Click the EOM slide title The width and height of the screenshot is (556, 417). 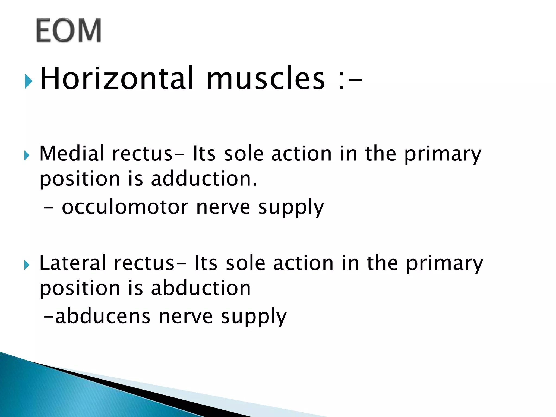coord(69,30)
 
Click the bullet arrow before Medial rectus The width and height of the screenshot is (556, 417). coord(27,156)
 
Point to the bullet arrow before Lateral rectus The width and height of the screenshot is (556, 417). coord(27,265)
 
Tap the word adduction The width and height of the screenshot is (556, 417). coord(204,179)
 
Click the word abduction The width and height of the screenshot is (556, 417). coord(201,288)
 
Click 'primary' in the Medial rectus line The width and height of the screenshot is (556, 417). coord(443,155)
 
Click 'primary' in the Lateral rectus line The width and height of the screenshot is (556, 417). coord(444,264)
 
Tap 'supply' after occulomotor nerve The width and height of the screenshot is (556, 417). coord(291,208)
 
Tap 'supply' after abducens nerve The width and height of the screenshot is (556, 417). coord(254,317)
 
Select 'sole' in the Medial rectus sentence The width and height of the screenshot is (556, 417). coord(244,154)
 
